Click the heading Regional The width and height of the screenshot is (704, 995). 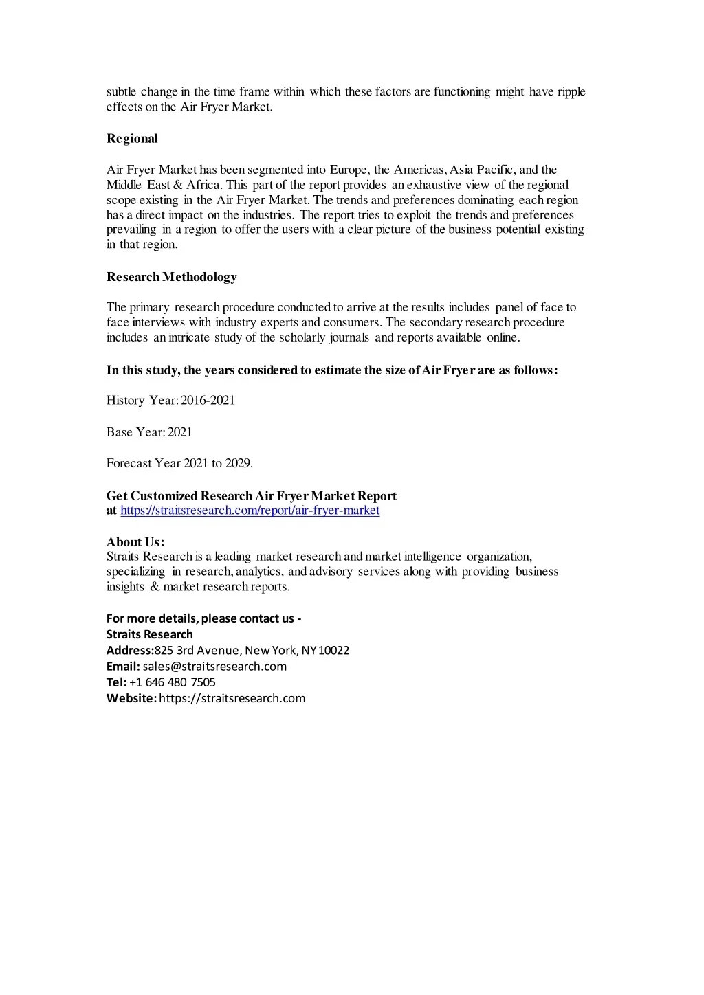(132, 139)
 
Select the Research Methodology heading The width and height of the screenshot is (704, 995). (171, 277)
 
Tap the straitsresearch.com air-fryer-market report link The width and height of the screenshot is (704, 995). (250, 511)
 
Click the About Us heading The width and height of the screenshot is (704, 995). (135, 541)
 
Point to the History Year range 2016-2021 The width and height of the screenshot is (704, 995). (208, 401)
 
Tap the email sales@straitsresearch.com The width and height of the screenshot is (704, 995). (214, 667)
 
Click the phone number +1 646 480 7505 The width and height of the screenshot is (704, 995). (173, 682)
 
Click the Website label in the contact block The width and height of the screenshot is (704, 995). (131, 698)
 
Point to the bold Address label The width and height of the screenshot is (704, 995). (129, 651)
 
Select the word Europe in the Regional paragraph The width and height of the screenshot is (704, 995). (349, 170)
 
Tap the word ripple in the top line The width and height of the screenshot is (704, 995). (571, 92)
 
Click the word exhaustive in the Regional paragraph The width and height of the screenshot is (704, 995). (448, 186)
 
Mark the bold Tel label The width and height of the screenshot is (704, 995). (116, 682)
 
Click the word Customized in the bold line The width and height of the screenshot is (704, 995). (164, 496)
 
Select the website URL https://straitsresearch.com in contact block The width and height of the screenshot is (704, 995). (232, 698)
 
